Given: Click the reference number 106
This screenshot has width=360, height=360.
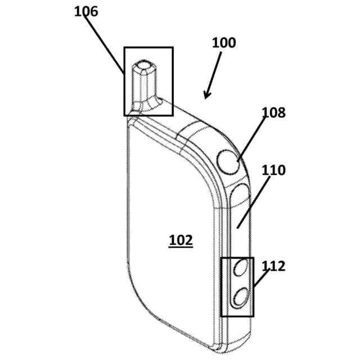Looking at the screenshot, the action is tap(86, 11).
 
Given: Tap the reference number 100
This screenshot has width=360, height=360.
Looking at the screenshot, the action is tap(224, 43).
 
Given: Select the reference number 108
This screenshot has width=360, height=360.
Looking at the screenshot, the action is tap(273, 112).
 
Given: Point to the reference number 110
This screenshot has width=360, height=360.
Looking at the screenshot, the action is tap(273, 170).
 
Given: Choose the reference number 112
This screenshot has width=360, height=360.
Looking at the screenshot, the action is tap(273, 265).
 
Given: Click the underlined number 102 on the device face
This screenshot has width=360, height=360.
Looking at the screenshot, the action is tap(181, 241).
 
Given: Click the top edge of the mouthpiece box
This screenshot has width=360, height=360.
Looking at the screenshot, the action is tap(148, 47).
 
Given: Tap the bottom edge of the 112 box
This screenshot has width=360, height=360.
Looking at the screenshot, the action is tap(237, 316).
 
